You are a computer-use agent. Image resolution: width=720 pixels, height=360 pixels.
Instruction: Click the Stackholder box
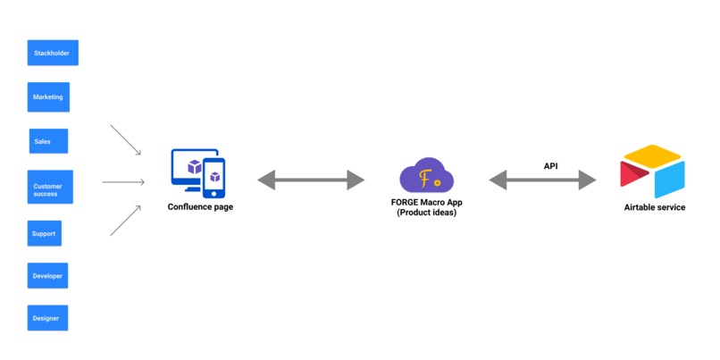(x=53, y=53)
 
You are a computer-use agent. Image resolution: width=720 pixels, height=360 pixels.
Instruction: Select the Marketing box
(x=47, y=96)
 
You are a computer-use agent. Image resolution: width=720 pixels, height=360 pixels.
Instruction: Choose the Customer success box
(x=47, y=188)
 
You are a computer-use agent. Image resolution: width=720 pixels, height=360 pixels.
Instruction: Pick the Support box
(x=44, y=234)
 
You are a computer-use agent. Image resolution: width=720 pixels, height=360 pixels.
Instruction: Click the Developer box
(x=47, y=276)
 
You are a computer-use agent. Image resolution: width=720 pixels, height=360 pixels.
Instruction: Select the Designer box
(x=46, y=318)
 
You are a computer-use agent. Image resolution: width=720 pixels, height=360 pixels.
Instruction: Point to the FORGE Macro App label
(x=427, y=203)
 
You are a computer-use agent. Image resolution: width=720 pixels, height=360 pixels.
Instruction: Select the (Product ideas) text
(x=427, y=213)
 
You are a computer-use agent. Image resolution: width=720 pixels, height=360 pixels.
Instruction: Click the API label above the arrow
(x=551, y=166)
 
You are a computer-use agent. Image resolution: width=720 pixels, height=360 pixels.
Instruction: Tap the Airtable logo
(x=652, y=173)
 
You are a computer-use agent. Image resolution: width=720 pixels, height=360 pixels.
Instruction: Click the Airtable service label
(x=655, y=207)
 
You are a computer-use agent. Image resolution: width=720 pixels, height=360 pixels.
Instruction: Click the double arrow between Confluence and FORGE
(x=311, y=180)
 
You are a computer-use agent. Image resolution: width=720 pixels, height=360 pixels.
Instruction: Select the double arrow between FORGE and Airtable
(x=542, y=180)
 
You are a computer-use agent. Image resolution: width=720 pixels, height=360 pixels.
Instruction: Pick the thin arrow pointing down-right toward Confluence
(x=126, y=140)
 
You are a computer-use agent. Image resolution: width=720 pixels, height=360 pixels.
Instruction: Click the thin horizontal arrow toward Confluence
(x=123, y=182)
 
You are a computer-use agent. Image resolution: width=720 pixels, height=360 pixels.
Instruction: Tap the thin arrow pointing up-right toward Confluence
(x=126, y=221)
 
